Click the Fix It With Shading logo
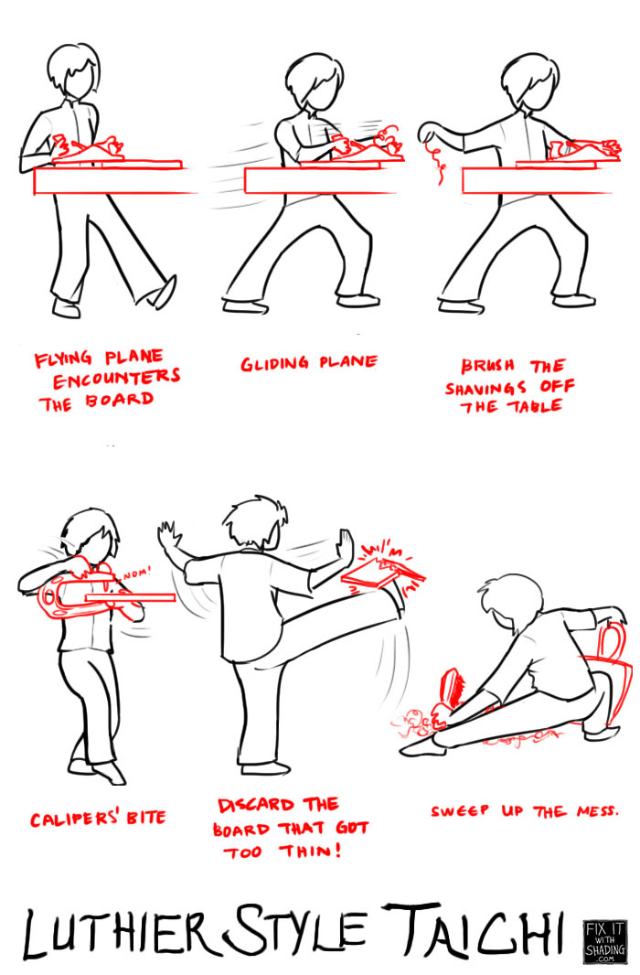pos(605,941)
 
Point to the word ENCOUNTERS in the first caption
pos(116,378)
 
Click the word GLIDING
pos(274,363)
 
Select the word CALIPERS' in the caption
pos(75,819)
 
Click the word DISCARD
pos(256,805)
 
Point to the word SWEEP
pos(460,811)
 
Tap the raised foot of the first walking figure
pos(162,293)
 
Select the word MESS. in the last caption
pos(597,811)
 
